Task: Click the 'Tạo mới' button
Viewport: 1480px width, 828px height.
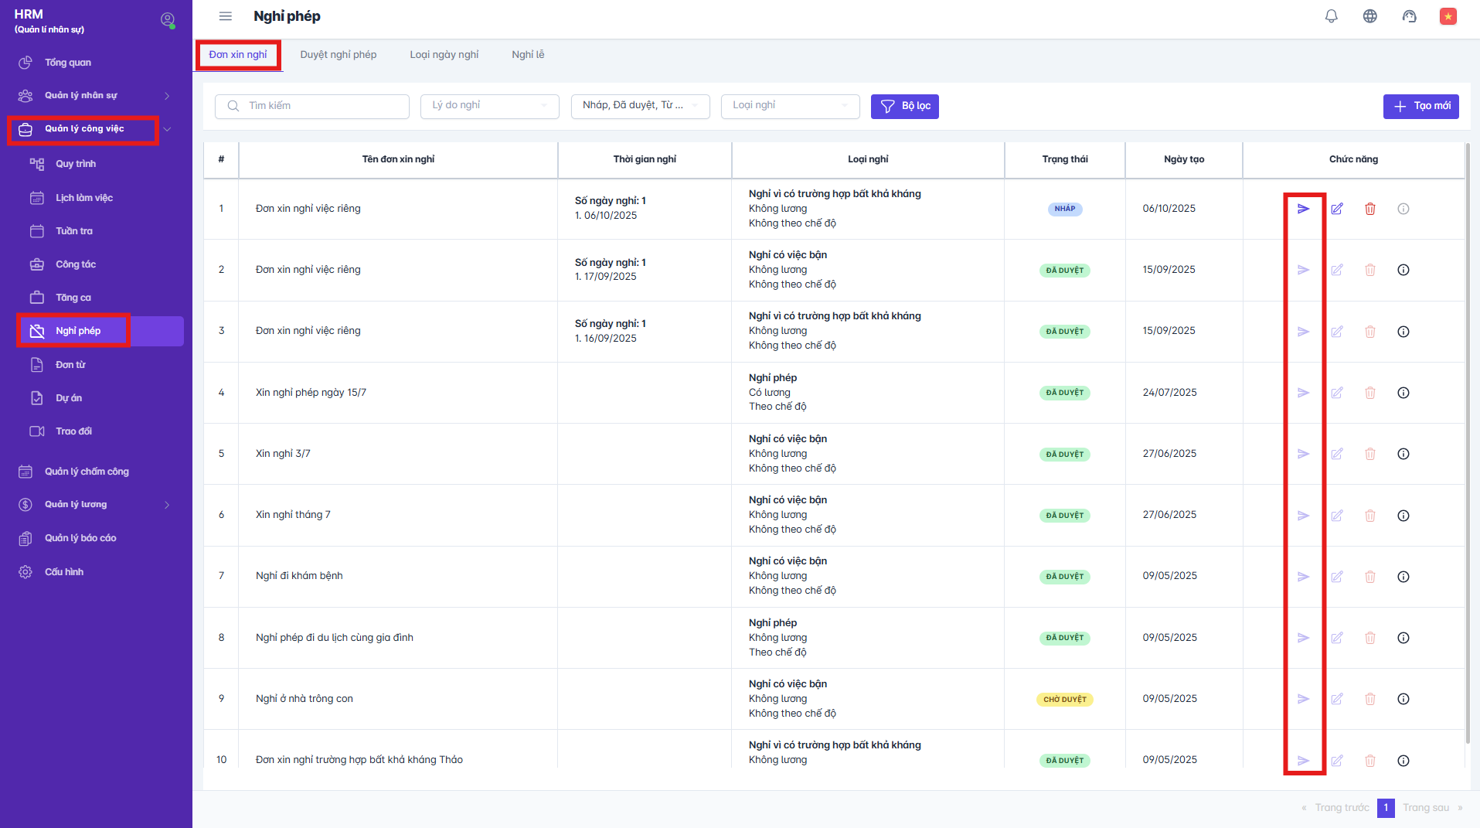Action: (x=1420, y=106)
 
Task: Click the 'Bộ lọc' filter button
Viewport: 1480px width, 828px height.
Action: (x=904, y=106)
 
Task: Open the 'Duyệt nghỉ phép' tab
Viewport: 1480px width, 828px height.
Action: (x=338, y=55)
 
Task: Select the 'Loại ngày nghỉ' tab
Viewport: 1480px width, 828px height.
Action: (x=444, y=55)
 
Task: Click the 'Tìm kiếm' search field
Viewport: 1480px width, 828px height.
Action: (x=312, y=106)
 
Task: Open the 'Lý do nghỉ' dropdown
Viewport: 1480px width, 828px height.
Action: (x=489, y=106)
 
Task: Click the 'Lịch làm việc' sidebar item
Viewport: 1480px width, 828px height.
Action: (x=83, y=198)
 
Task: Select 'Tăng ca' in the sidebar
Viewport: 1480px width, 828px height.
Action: (x=73, y=298)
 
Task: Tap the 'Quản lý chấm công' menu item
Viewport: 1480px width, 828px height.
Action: (x=87, y=472)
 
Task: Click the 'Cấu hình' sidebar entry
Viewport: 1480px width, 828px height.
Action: (x=63, y=572)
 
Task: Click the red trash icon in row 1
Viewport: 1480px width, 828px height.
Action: (x=1369, y=209)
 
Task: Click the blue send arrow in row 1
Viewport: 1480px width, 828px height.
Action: (x=1303, y=209)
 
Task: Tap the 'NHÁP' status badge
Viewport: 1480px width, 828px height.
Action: (x=1064, y=209)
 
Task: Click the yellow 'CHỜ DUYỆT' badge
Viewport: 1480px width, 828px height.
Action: (x=1064, y=699)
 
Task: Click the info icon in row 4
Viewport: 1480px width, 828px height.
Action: (x=1403, y=393)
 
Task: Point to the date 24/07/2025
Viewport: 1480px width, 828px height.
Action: (x=1169, y=393)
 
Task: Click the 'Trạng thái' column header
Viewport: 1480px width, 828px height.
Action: (x=1064, y=159)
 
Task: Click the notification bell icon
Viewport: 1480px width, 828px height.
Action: (x=1331, y=16)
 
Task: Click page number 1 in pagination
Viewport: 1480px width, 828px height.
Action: (x=1386, y=808)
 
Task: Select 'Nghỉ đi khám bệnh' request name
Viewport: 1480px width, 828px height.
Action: (x=299, y=576)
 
